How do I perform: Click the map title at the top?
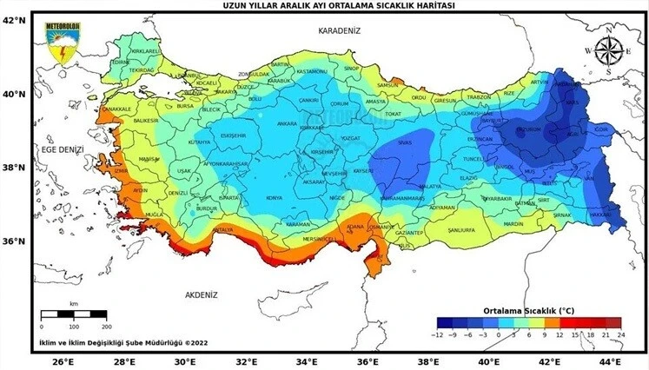tap(324, 5)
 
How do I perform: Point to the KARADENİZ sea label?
tap(339, 30)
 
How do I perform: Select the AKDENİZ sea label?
tap(201, 295)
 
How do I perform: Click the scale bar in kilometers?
tap(74, 314)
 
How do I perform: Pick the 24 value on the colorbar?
tap(619, 333)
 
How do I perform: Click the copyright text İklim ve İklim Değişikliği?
tap(122, 344)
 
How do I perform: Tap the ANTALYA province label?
tap(223, 229)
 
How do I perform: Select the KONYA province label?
tap(275, 197)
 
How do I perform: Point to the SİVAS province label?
tap(403, 142)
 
